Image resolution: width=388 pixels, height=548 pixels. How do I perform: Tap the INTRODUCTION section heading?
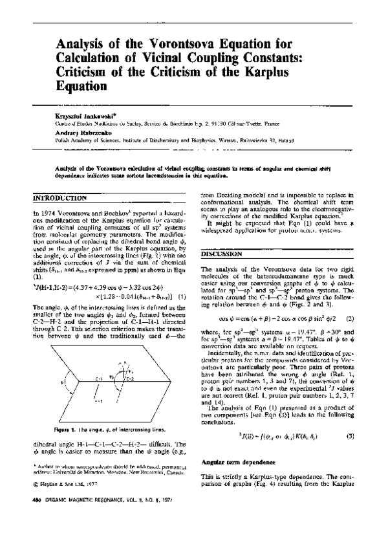coord(59,197)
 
